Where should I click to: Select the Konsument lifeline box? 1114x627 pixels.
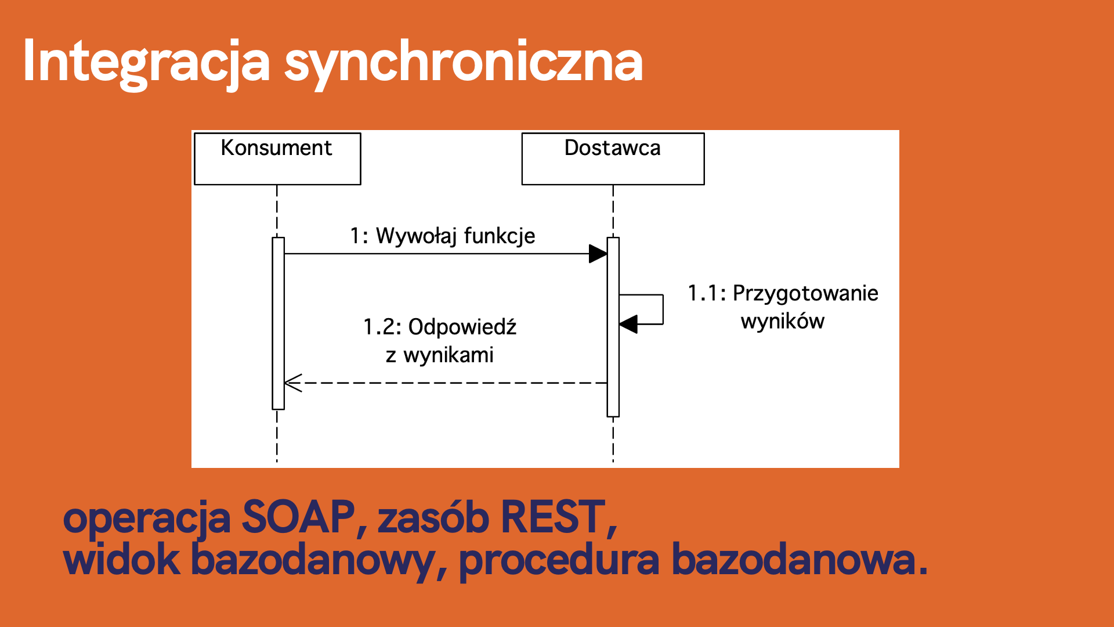[x=277, y=158]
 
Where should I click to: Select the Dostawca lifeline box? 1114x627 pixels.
[x=613, y=158]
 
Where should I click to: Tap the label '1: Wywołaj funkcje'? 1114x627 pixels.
[x=443, y=236]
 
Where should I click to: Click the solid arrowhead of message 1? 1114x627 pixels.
[x=598, y=254]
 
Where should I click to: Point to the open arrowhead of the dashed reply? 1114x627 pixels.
[x=293, y=383]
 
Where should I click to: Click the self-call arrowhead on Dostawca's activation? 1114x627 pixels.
[x=628, y=324]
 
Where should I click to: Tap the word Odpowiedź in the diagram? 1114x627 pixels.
[x=462, y=327]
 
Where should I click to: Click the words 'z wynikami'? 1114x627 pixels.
[x=440, y=355]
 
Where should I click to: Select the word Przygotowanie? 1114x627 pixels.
[x=805, y=294]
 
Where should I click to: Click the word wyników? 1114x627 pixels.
[x=783, y=321]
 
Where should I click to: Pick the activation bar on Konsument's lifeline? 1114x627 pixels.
[x=278, y=323]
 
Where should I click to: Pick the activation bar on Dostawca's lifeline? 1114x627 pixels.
[x=613, y=327]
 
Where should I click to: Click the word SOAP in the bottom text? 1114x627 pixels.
[x=298, y=517]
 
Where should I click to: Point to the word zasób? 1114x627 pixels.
[x=433, y=517]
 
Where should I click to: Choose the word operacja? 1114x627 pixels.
[x=147, y=518]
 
